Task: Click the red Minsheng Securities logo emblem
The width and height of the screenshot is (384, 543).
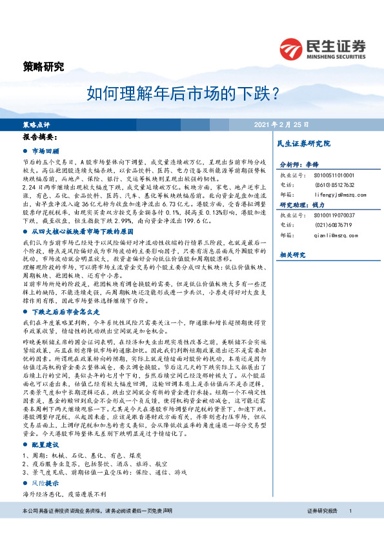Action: pos(292,49)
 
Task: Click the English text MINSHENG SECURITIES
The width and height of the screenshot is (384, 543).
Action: pos(337,55)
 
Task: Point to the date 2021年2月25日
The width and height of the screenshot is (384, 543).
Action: pos(281,124)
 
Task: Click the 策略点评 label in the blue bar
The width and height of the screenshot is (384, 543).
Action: pos(36,124)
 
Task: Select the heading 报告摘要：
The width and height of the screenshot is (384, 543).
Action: pos(40,137)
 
